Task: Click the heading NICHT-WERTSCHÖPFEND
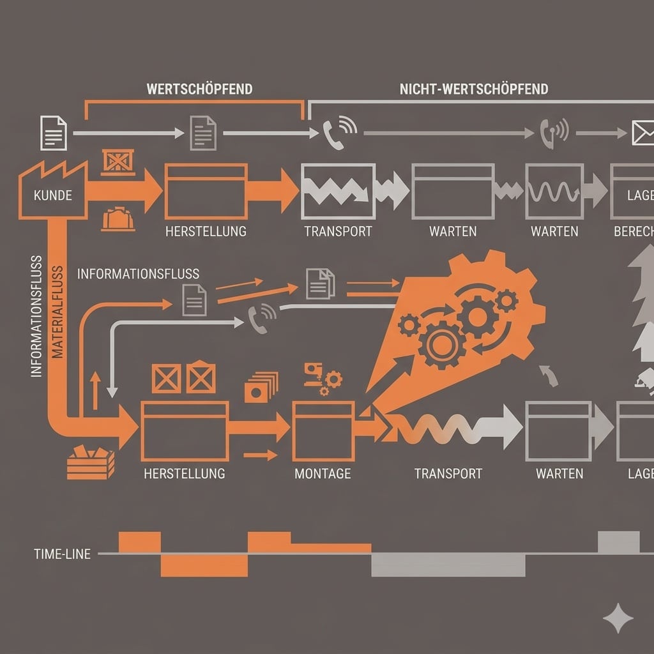[x=474, y=89]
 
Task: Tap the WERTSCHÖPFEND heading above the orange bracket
[x=199, y=89]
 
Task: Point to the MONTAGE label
[x=323, y=473]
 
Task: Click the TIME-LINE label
[x=62, y=554]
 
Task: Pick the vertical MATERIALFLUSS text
[x=57, y=312]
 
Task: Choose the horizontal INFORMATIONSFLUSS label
[x=138, y=274]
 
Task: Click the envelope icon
[x=643, y=133]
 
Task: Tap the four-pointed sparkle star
[x=618, y=617]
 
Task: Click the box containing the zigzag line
[x=338, y=190]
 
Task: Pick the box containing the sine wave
[x=554, y=191]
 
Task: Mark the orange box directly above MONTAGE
[x=323, y=431]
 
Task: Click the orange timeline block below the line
[x=204, y=565]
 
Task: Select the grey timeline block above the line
[x=618, y=542]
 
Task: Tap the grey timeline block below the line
[x=448, y=565]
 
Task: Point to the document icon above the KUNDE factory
[x=53, y=133]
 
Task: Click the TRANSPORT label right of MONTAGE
[x=448, y=473]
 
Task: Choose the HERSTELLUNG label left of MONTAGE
[x=184, y=473]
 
